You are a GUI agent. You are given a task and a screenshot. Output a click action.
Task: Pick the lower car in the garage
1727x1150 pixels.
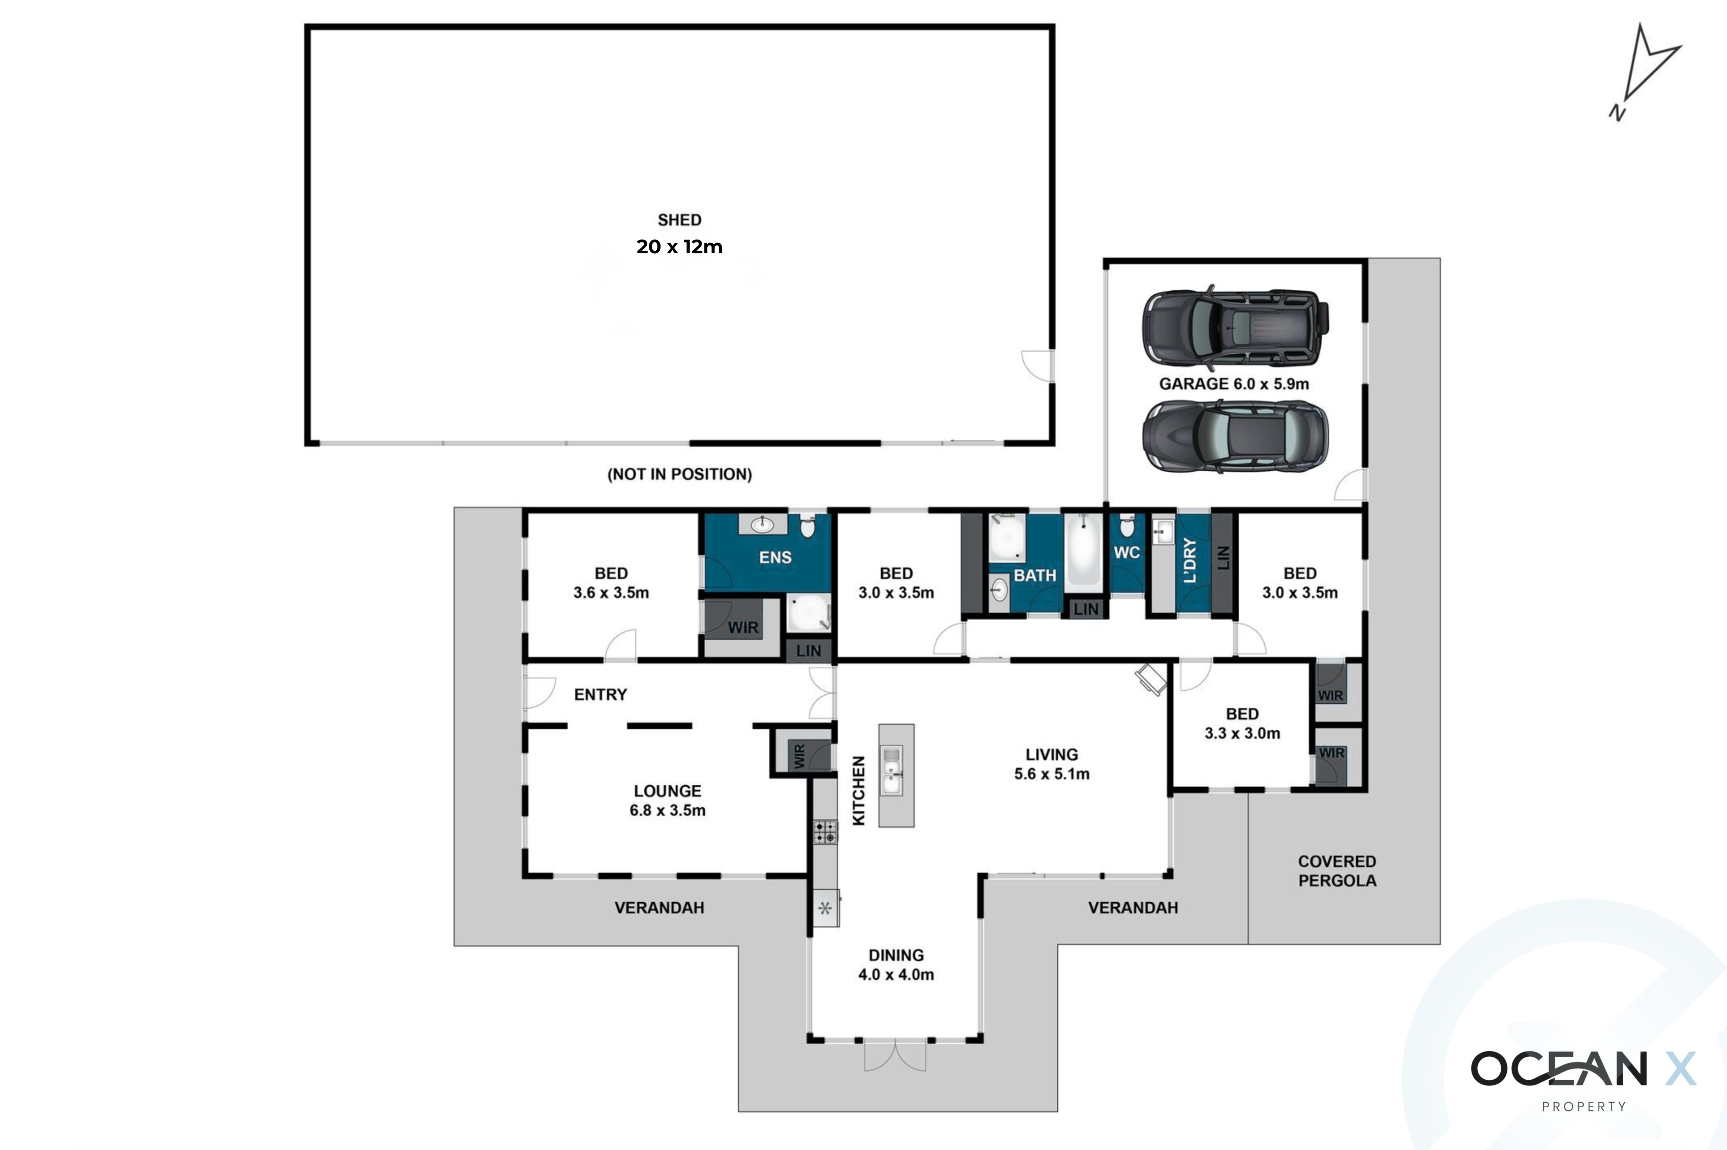1236,436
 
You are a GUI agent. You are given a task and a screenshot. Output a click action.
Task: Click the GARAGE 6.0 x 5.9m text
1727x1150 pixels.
1234,384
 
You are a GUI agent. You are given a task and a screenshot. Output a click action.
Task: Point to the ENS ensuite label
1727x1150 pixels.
775,558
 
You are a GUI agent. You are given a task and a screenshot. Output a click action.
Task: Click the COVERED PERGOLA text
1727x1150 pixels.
1337,870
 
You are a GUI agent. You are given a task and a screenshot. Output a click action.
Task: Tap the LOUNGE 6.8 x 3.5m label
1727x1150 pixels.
667,800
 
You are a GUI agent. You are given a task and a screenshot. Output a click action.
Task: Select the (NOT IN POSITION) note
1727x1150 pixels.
679,475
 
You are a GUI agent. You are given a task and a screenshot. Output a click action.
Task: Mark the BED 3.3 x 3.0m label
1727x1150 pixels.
1242,723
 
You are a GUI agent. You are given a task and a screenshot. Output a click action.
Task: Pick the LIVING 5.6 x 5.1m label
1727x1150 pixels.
1051,763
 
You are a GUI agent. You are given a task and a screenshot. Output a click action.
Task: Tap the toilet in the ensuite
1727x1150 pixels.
807,525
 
